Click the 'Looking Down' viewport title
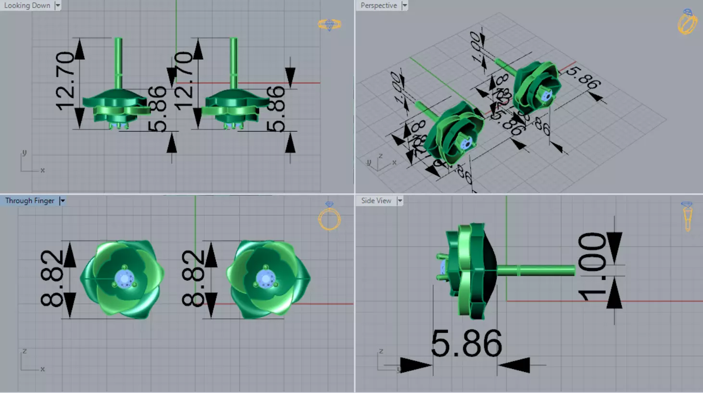(x=27, y=5)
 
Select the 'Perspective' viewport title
(x=378, y=5)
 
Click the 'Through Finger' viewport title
(x=30, y=201)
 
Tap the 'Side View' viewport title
(x=376, y=201)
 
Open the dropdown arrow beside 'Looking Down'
(x=58, y=5)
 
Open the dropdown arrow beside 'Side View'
(x=400, y=201)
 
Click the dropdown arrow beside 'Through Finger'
(x=62, y=201)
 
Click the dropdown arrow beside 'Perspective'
(x=404, y=5)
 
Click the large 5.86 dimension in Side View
(x=466, y=344)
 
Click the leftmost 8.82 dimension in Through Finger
(x=52, y=278)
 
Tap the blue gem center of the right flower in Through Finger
(x=265, y=278)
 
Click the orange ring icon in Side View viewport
(x=687, y=216)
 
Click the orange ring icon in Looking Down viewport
(x=329, y=24)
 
